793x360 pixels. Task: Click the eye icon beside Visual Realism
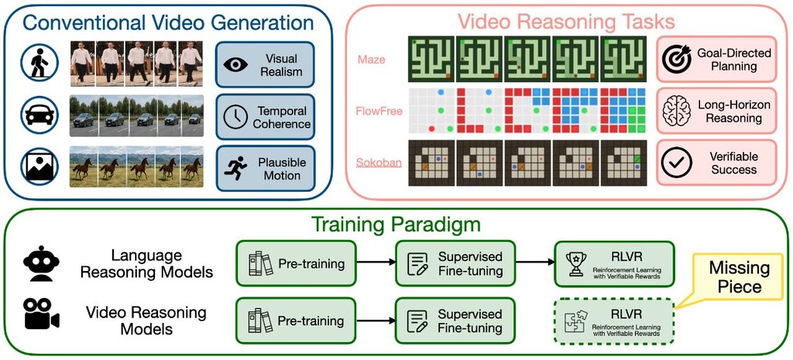pos(235,64)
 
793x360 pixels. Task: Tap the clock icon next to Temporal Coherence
pos(235,117)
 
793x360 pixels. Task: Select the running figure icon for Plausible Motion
pos(235,168)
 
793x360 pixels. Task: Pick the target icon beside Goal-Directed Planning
pos(676,59)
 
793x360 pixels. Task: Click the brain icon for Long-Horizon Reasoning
pos(676,111)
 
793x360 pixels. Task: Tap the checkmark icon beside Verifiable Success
pos(676,163)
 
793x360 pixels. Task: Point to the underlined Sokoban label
pos(379,163)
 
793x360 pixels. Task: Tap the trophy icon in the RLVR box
pos(576,264)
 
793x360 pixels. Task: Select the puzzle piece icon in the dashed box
pos(576,321)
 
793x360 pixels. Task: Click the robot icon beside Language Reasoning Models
pos(41,263)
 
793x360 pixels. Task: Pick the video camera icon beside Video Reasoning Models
pos(41,314)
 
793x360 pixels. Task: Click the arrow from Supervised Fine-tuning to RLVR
pos(534,262)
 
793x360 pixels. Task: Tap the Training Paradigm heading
pos(396,224)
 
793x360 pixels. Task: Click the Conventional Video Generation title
pos(168,22)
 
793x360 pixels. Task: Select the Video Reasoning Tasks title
pos(566,21)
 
